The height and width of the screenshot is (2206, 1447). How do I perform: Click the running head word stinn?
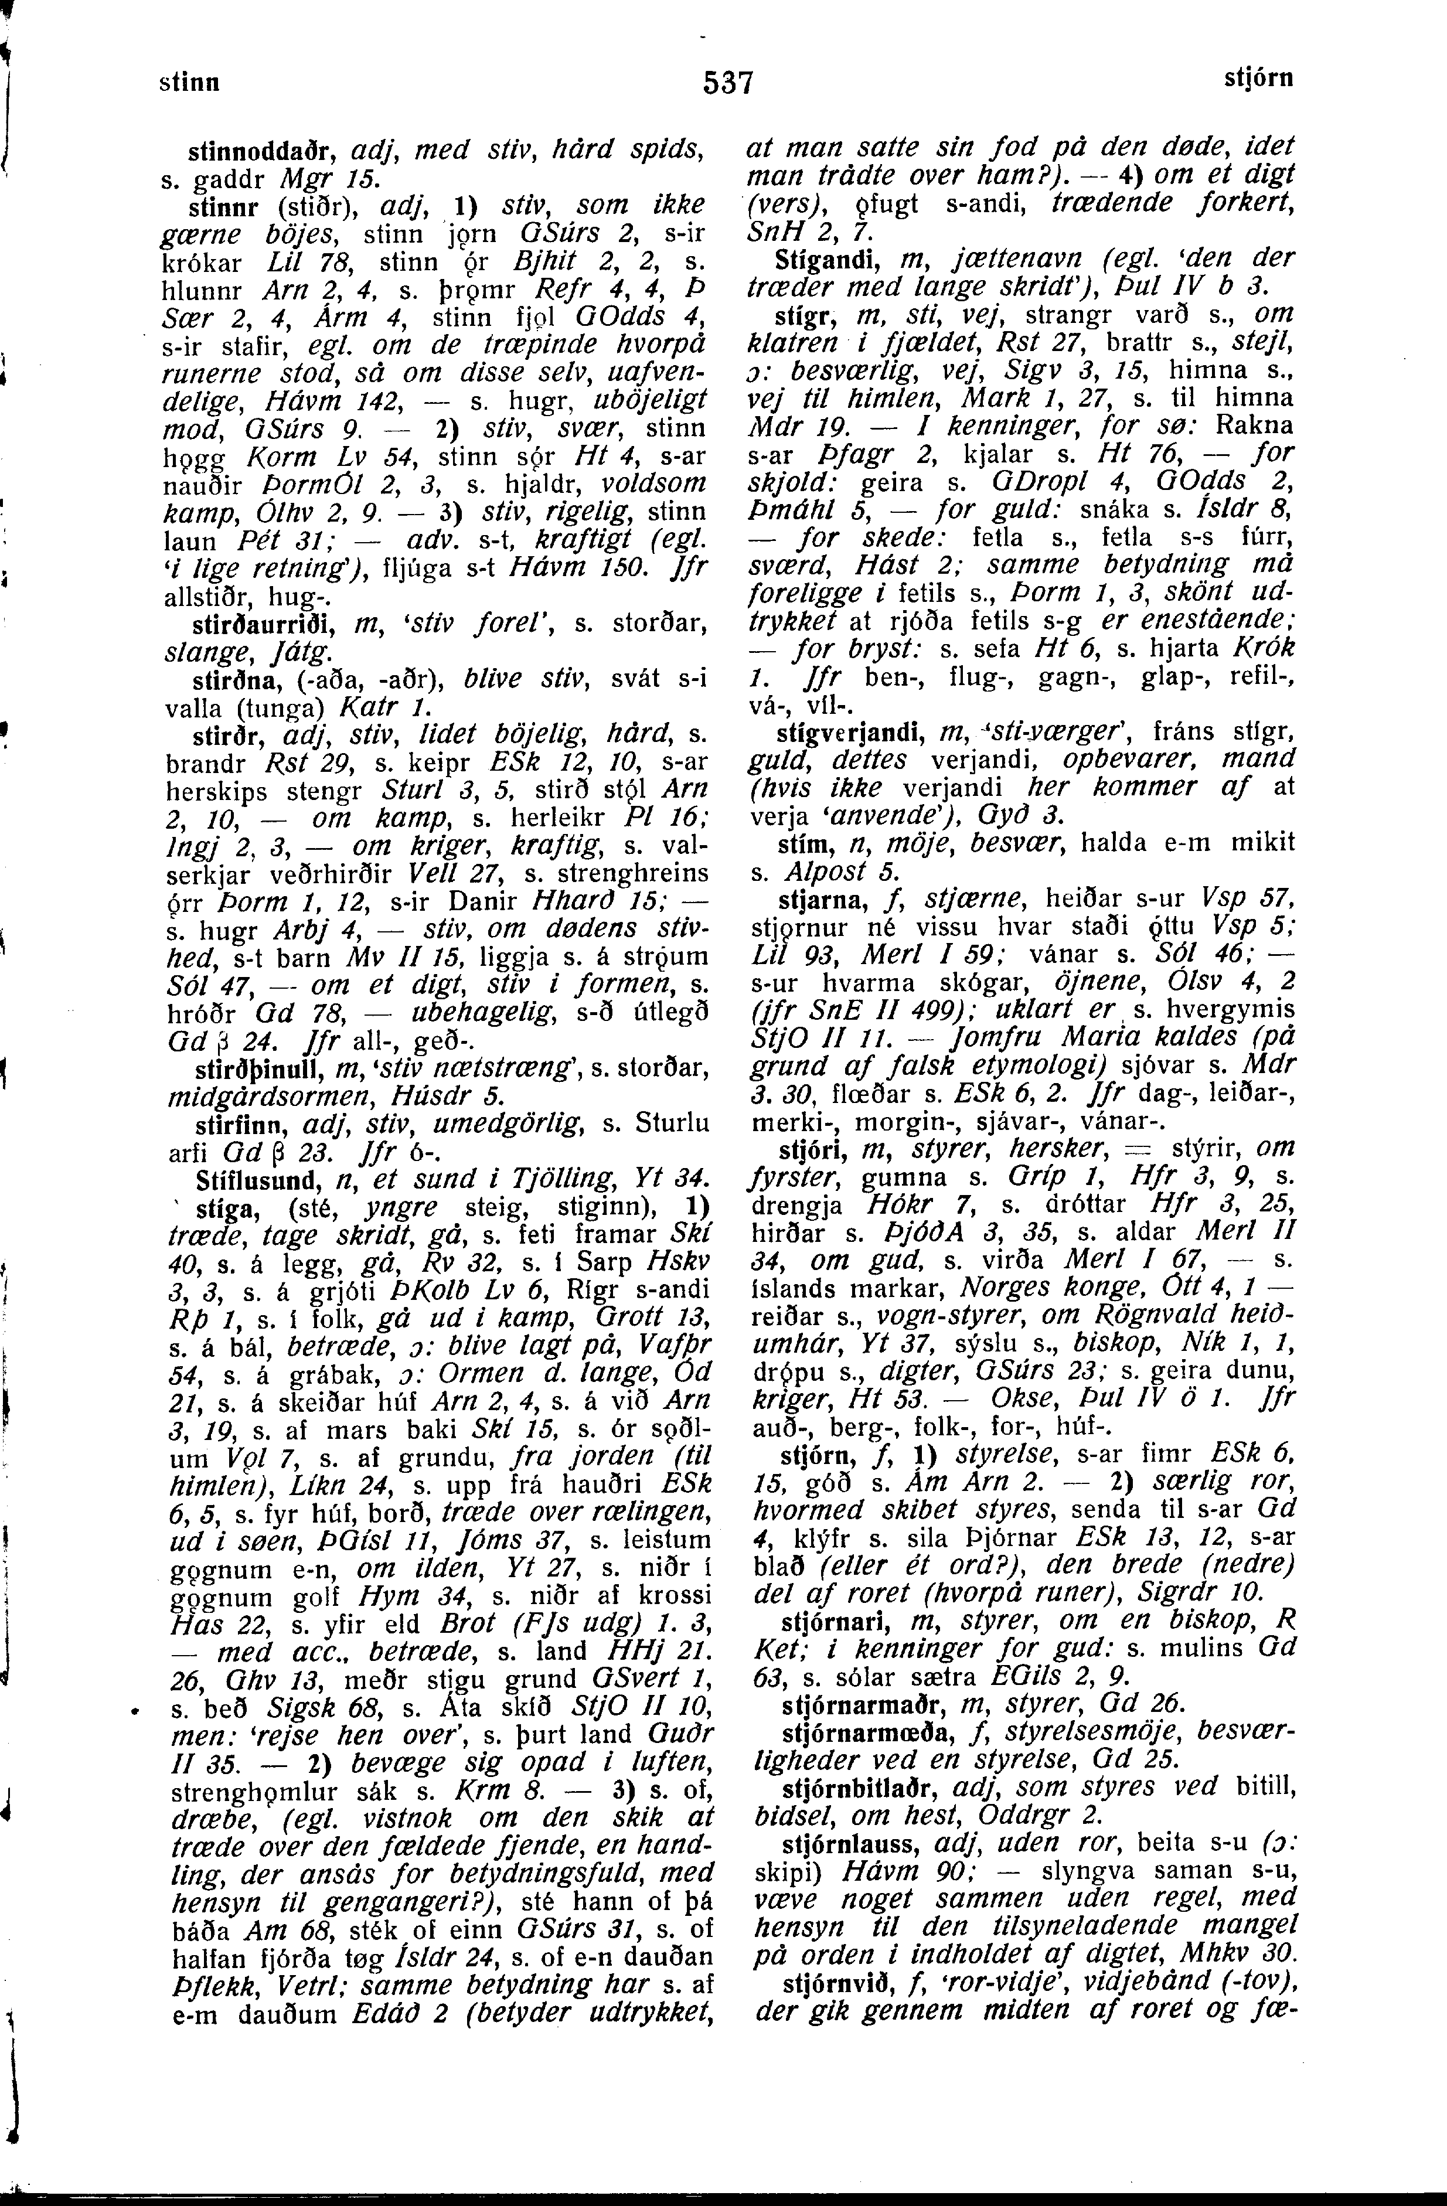[x=190, y=81]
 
